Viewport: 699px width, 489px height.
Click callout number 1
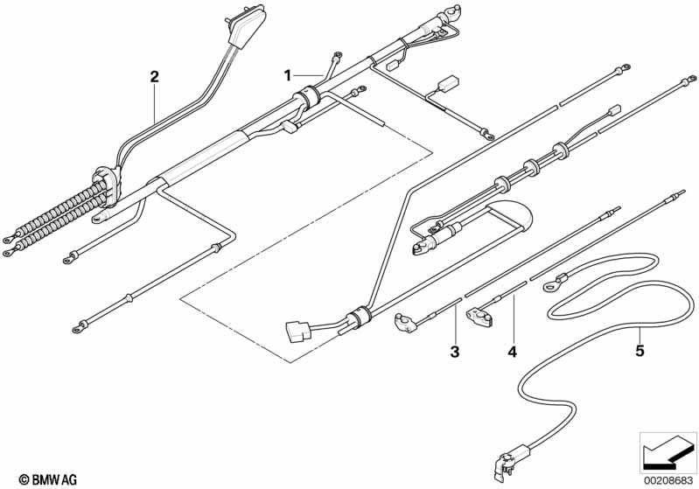[x=287, y=75]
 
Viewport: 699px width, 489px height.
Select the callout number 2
[x=154, y=77]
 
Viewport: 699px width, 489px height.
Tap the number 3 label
[x=455, y=352]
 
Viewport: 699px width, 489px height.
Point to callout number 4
[x=513, y=352]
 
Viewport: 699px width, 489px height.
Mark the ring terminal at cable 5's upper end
[x=553, y=283]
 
